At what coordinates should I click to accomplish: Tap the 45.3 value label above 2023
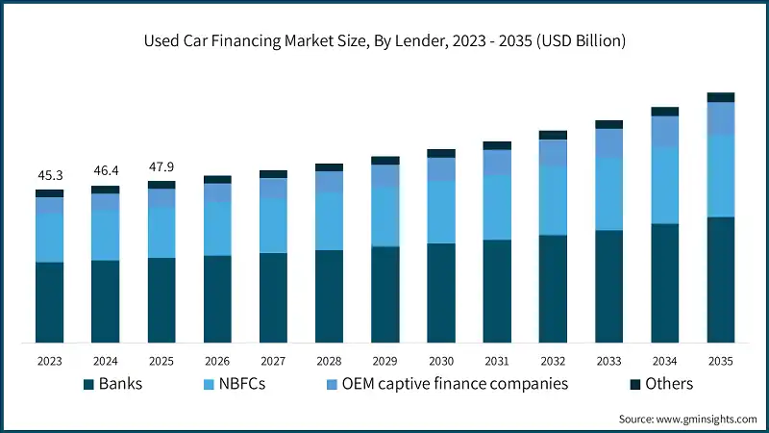[50, 175]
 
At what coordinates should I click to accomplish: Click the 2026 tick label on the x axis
[217, 361]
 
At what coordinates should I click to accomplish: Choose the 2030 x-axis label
[441, 361]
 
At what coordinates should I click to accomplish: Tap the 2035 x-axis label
[721, 361]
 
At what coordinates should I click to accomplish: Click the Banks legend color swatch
[89, 385]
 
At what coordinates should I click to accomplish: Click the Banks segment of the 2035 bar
[721, 279]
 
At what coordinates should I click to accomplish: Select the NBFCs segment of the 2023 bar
[50, 238]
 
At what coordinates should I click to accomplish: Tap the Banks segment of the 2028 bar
[330, 296]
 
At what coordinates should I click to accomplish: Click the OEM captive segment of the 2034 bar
[665, 132]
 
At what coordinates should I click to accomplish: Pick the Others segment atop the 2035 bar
[721, 97]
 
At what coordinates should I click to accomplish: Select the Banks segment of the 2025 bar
[161, 300]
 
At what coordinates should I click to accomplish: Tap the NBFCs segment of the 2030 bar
[441, 212]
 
